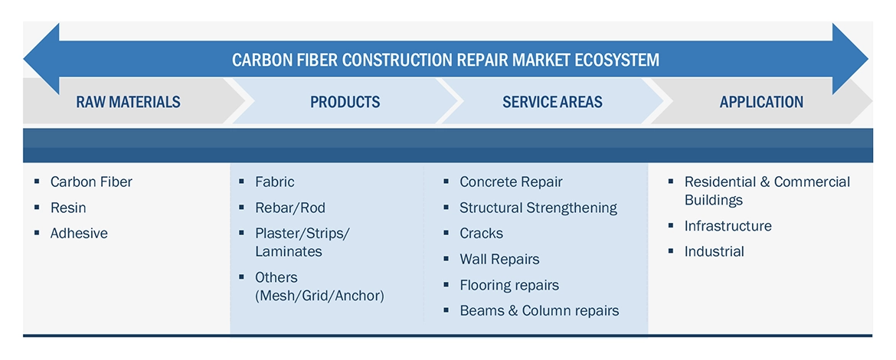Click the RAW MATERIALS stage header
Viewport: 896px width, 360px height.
tap(128, 103)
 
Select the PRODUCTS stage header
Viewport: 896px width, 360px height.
tap(345, 103)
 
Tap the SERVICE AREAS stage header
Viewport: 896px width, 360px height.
tap(552, 103)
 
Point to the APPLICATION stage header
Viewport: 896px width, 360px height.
tap(761, 103)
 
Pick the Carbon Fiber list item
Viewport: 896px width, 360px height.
tap(91, 182)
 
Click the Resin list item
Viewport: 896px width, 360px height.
tap(68, 208)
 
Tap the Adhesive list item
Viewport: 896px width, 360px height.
tap(79, 233)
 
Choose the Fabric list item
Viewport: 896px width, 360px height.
tap(275, 182)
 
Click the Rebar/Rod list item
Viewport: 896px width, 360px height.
tap(290, 208)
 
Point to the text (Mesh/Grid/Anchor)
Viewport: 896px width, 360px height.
tap(319, 296)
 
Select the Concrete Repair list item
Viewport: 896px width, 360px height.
tap(511, 182)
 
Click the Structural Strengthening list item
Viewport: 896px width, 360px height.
tap(538, 208)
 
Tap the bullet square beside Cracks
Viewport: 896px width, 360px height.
tap(446, 233)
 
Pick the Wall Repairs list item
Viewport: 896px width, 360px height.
tap(499, 259)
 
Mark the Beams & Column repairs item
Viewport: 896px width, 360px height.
tap(539, 310)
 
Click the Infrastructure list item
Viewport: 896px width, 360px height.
tap(728, 226)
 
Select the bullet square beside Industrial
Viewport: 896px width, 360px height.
tap(672, 251)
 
